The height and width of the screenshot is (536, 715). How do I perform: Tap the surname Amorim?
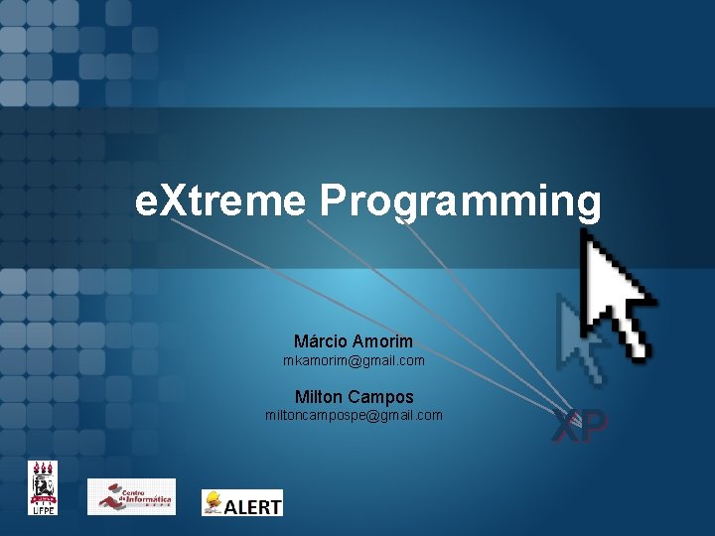(382, 341)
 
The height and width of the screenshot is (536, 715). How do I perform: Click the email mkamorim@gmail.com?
(354, 360)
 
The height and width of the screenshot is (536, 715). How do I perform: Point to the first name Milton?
(319, 396)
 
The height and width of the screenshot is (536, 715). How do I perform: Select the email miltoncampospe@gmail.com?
(354, 415)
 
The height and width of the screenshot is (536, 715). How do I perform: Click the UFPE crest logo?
(42, 487)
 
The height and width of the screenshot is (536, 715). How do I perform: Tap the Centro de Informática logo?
(131, 496)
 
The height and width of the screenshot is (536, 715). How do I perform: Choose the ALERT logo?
(242, 502)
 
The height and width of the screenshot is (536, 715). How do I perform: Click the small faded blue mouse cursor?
(580, 337)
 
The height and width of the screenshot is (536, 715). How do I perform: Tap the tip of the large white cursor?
(585, 232)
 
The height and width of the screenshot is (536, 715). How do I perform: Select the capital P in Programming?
(333, 201)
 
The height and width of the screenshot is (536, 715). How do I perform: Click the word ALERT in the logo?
(253, 505)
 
